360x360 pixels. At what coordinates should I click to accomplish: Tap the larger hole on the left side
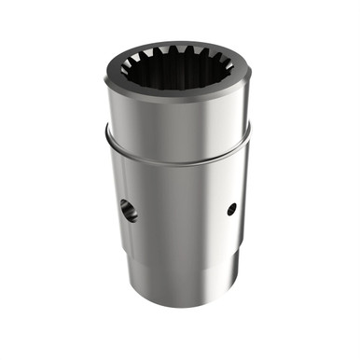[129, 212]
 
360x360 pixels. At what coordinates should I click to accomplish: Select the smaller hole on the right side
[231, 209]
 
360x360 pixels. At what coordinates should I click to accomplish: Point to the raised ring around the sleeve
[177, 159]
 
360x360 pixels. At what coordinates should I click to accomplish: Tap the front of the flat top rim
[177, 94]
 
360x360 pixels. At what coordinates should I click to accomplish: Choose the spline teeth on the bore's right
[229, 66]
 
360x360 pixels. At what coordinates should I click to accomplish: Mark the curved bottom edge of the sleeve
[182, 305]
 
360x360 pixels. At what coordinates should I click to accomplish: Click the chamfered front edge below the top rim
[177, 102]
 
